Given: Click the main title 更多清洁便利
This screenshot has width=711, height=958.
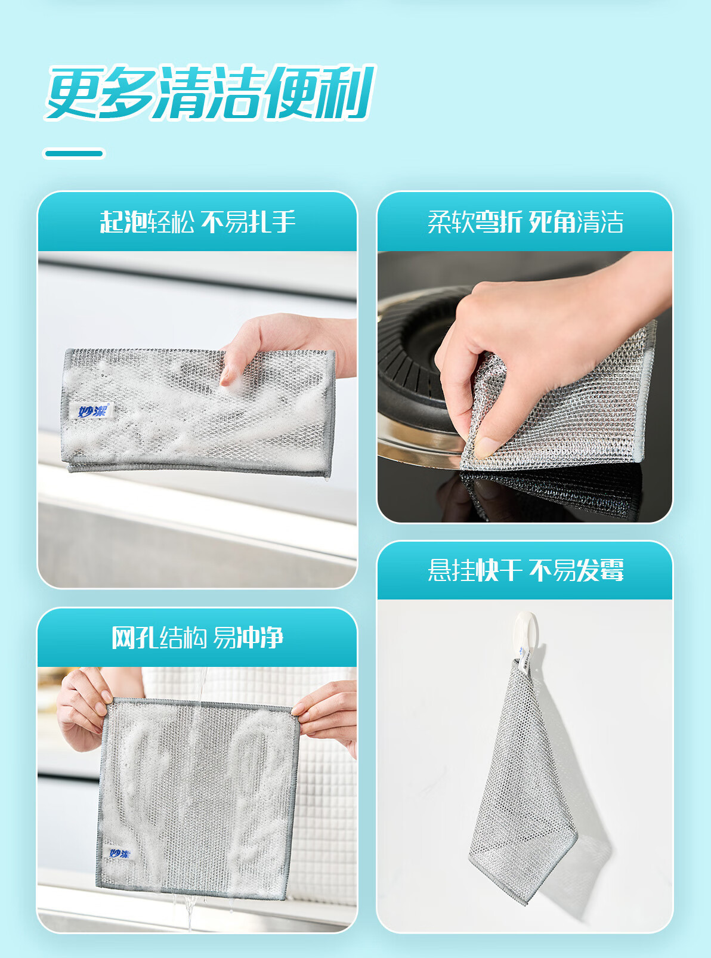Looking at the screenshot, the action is [211, 92].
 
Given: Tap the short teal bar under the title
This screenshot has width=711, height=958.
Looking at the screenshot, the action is [74, 153].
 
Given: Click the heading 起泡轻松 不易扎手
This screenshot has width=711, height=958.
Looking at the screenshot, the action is [198, 222].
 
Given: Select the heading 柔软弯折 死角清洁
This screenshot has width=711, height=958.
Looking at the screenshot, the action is [525, 222].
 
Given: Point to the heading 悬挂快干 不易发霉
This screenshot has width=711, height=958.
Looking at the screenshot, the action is [525, 570].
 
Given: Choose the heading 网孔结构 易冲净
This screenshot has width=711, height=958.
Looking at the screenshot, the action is [197, 638].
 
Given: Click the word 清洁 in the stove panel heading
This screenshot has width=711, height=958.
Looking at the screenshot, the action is [600, 222].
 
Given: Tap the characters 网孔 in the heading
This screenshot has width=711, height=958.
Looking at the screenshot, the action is [135, 638].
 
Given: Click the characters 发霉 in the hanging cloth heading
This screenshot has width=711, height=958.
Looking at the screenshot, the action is [600, 570].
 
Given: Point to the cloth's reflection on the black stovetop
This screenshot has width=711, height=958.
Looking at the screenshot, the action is [553, 492].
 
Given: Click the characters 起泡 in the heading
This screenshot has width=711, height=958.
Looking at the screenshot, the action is [123, 222].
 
